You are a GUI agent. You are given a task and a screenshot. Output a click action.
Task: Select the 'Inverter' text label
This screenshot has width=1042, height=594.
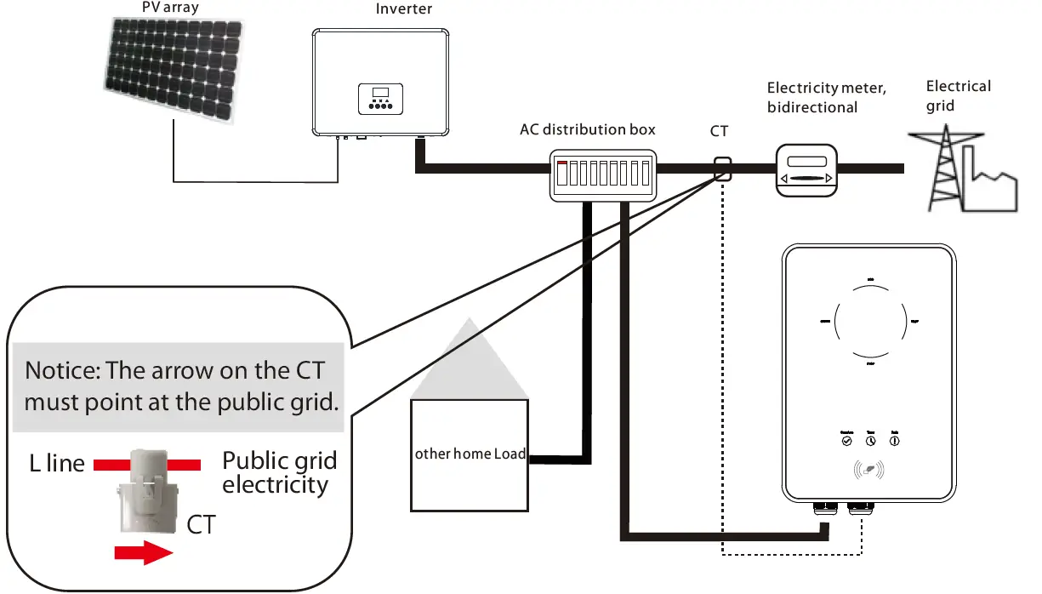403,9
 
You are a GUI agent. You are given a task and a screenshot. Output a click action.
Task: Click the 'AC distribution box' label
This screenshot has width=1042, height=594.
588,129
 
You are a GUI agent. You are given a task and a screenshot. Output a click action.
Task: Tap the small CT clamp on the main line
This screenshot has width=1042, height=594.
722,168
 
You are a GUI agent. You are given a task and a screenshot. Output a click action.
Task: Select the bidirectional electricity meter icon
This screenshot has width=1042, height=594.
805,169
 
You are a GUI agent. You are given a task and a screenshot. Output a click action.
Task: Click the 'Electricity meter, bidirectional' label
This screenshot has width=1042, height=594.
825,97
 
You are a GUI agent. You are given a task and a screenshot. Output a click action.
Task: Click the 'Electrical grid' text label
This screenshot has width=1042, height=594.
958,95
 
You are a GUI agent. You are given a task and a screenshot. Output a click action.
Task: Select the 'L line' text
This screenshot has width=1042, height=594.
54,464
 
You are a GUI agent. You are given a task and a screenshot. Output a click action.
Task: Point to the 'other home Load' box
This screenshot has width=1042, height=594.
470,454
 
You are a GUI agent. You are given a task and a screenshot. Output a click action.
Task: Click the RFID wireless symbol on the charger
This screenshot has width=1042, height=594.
869,470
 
